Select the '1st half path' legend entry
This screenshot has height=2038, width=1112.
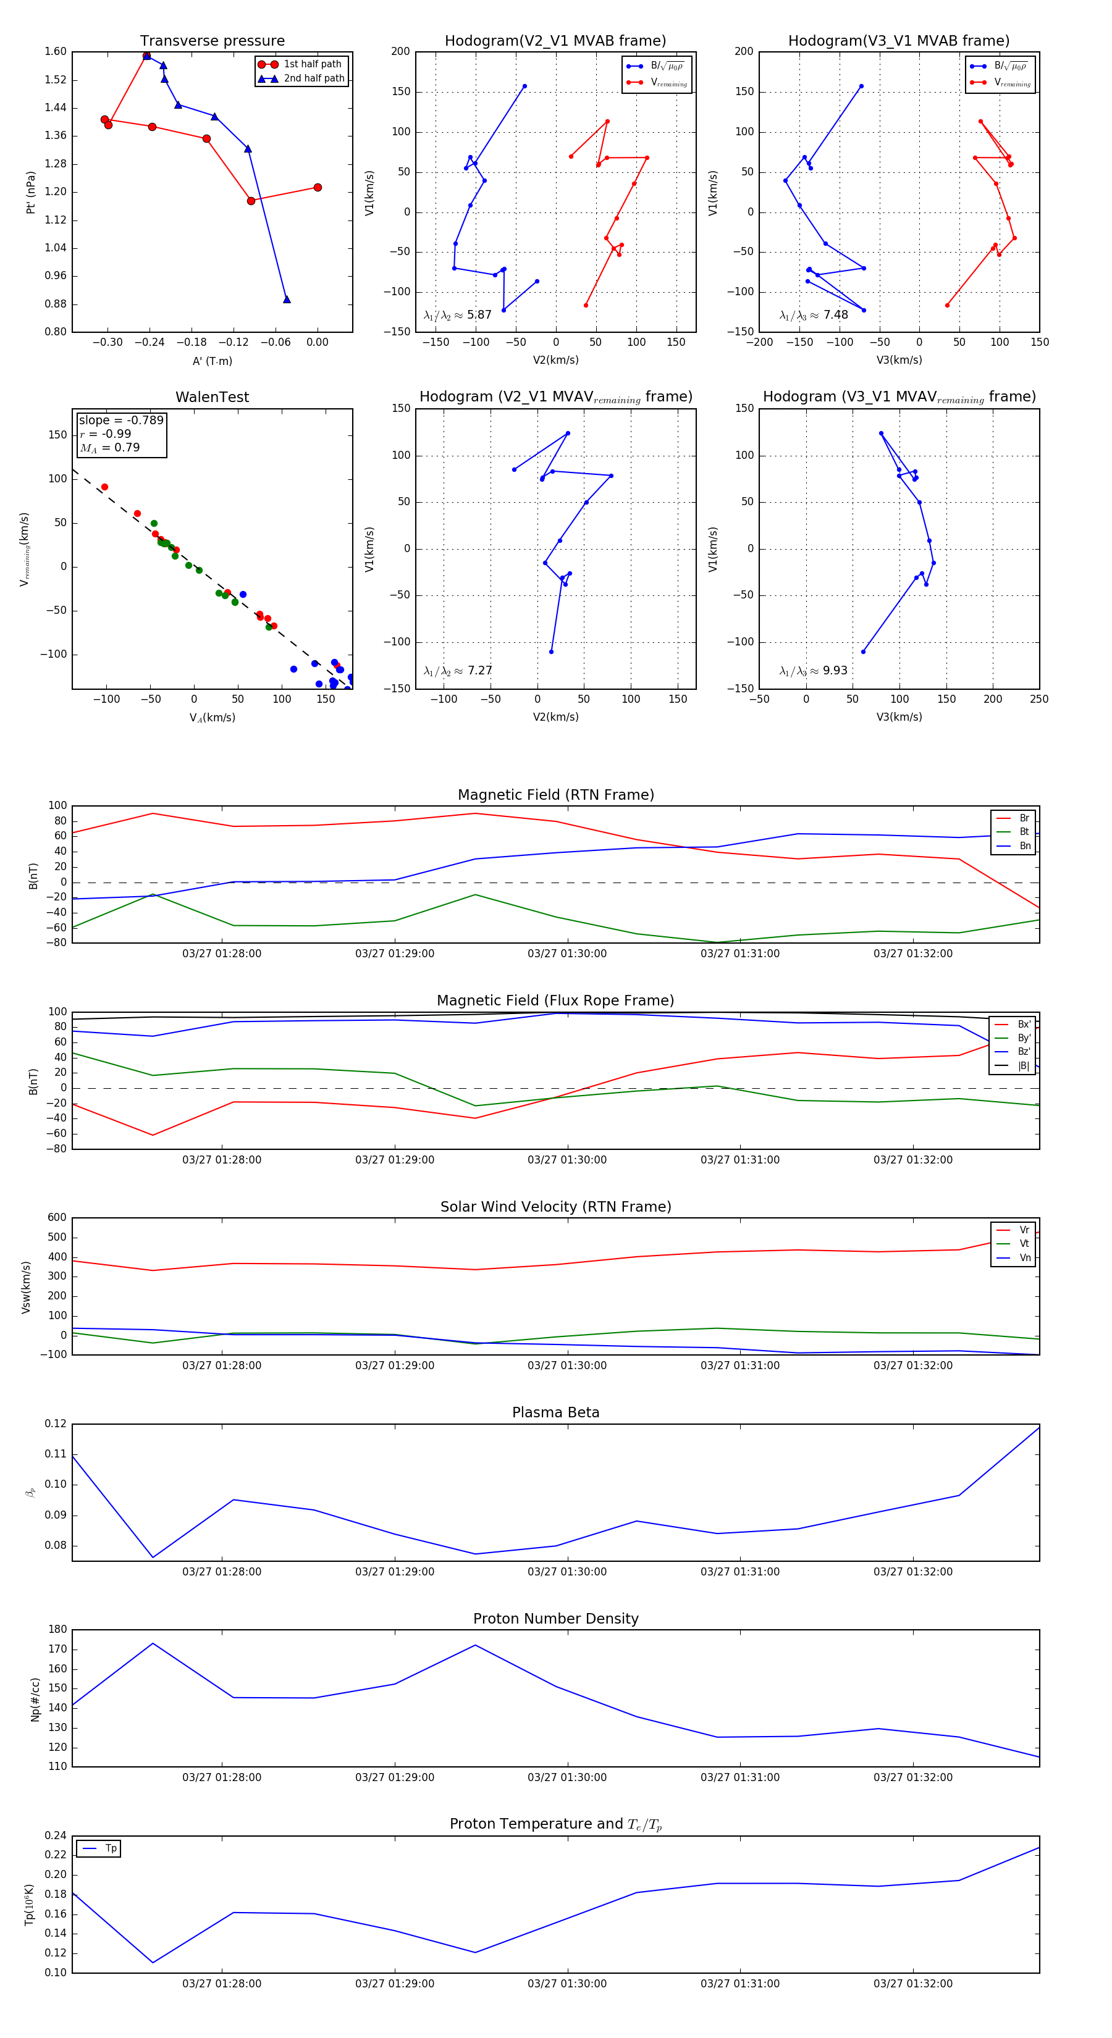[x=312, y=64]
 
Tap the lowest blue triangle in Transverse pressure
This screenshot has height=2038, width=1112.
[x=287, y=299]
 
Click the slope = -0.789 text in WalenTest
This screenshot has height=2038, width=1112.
[x=121, y=420]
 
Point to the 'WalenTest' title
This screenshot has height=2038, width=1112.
[x=212, y=397]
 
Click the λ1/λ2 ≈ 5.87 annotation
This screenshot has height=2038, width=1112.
[x=457, y=315]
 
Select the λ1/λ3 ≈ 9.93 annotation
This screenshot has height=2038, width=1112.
[x=813, y=671]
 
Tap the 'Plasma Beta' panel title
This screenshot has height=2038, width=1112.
[x=555, y=1412]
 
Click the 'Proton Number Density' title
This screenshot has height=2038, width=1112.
[x=555, y=1618]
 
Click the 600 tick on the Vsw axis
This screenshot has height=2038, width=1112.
[x=57, y=1218]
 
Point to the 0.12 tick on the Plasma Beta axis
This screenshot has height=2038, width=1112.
[x=56, y=1424]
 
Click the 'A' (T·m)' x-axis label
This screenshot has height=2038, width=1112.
[x=212, y=361]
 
